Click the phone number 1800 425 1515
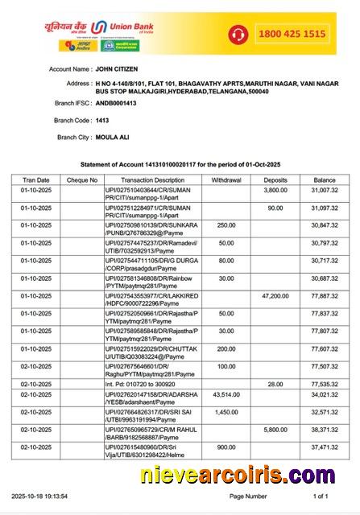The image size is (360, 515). coord(291,34)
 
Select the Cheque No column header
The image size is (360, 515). coord(81,180)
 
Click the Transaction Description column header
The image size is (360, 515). coord(152,180)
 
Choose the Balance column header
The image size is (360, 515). coord(325,180)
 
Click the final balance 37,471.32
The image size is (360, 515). coord(325,447)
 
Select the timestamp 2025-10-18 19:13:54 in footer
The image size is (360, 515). coord(39,496)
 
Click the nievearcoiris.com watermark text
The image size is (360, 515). coord(246,476)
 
